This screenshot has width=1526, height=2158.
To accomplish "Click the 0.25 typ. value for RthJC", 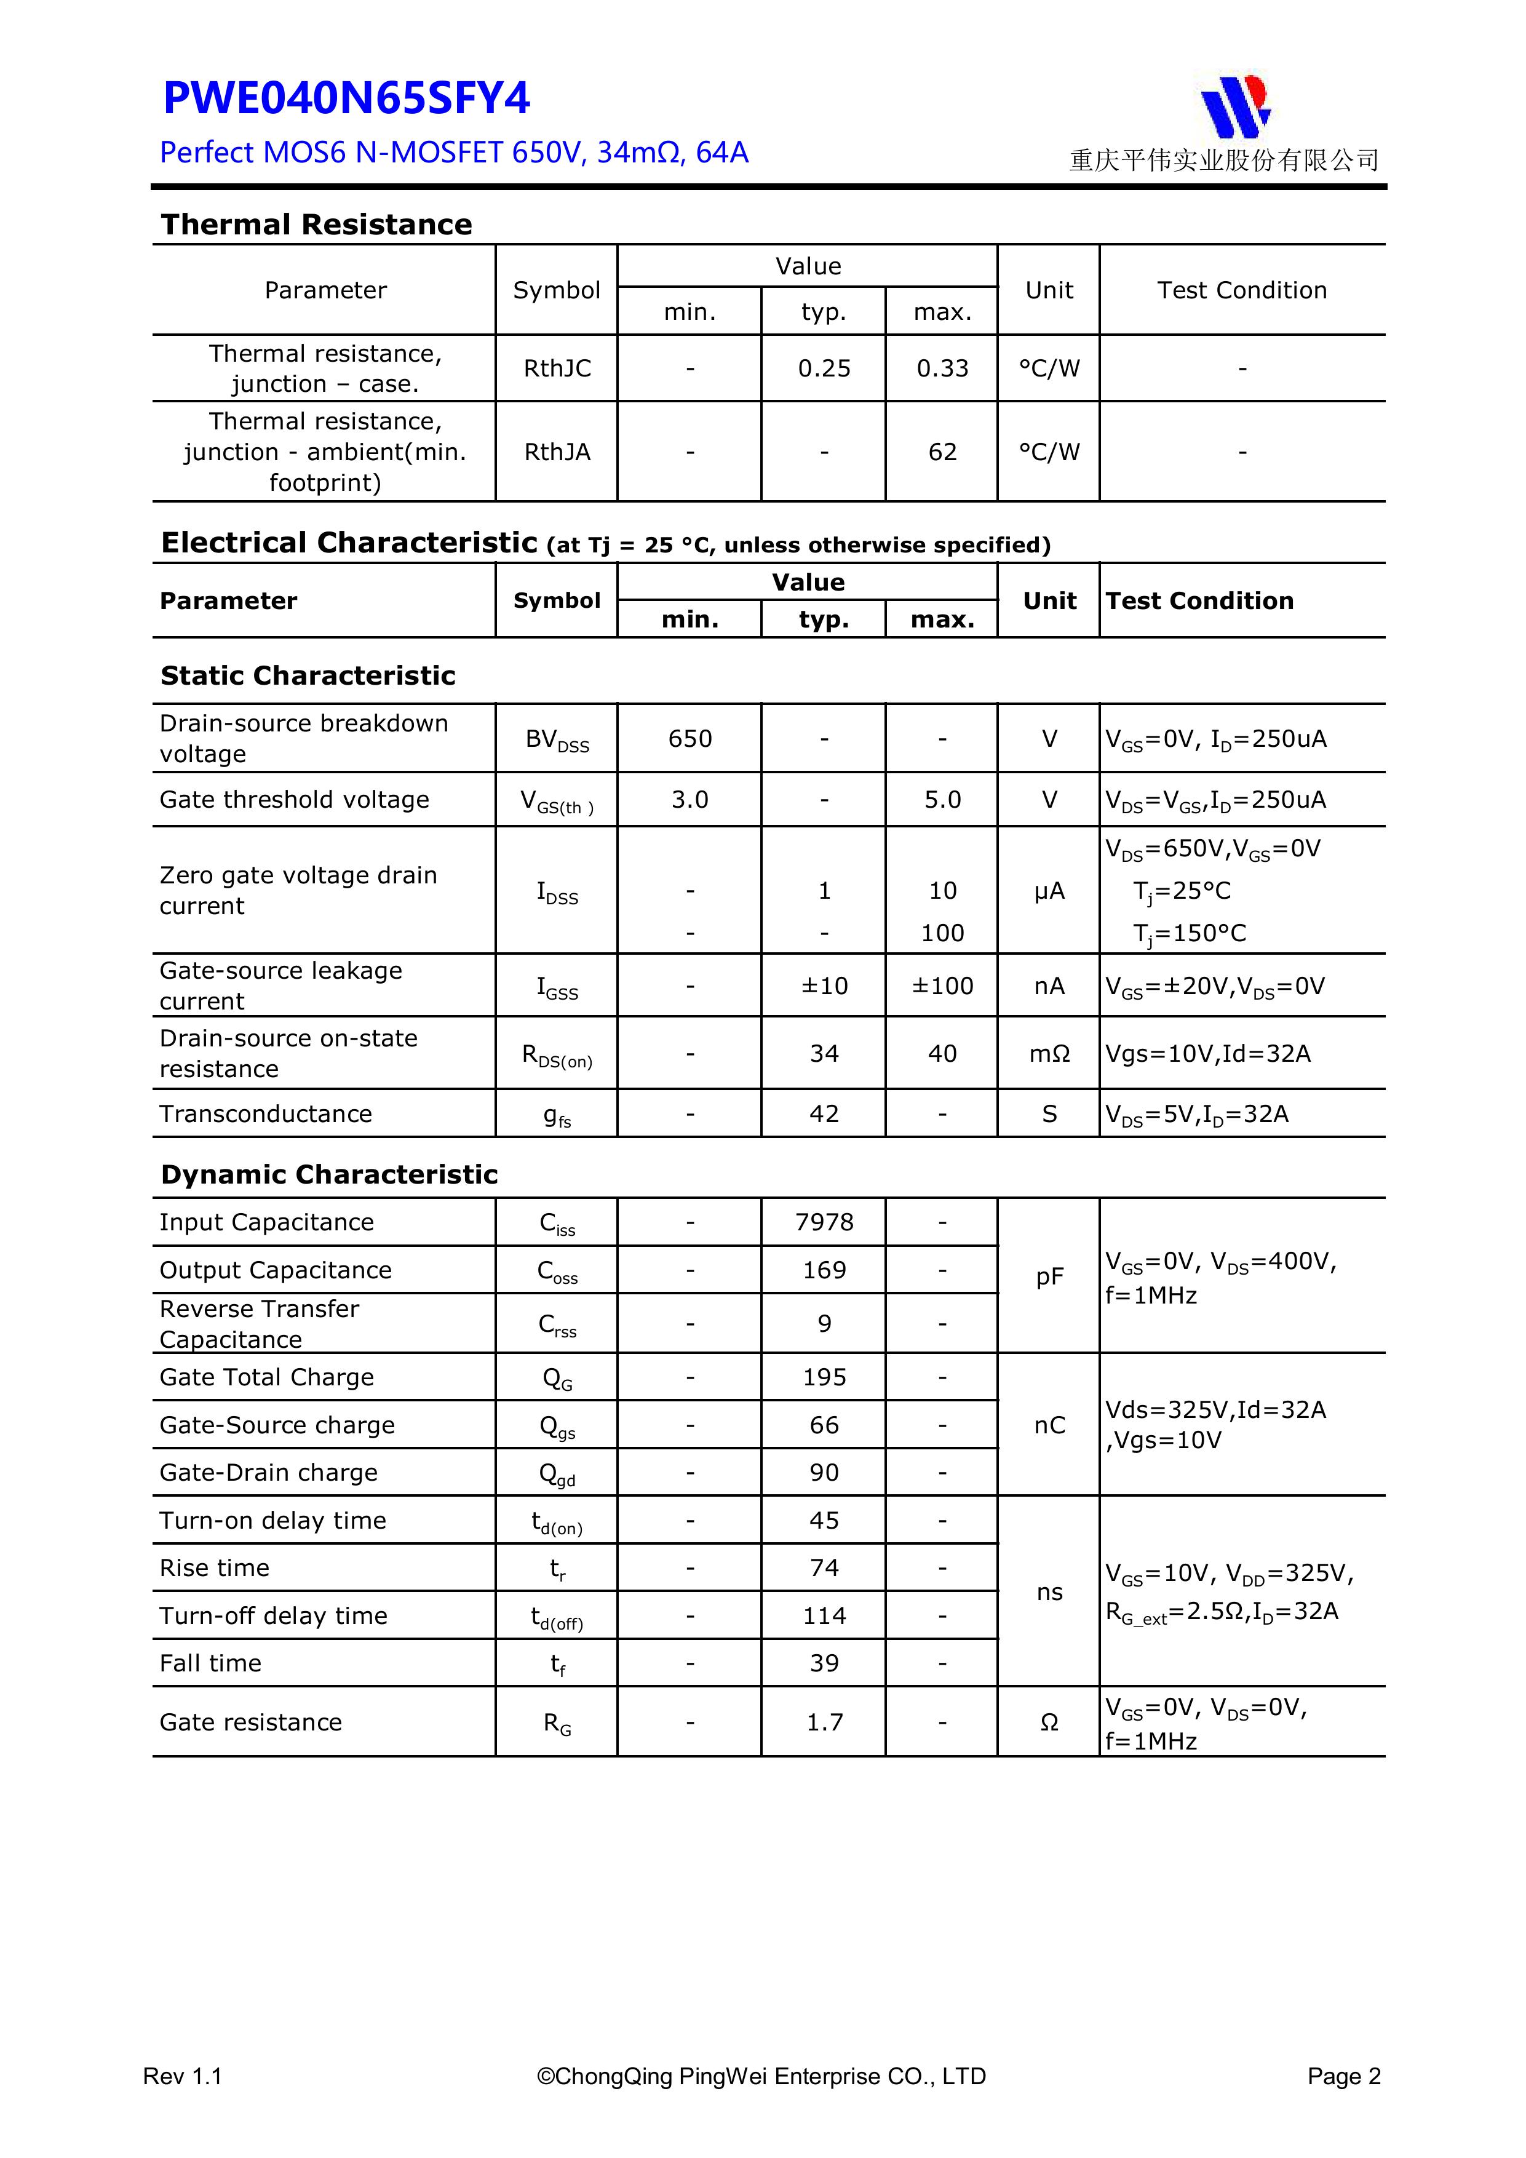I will click(x=824, y=368).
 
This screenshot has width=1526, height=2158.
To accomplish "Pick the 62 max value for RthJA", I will click(x=942, y=452).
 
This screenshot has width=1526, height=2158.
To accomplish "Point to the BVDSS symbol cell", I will click(x=557, y=739).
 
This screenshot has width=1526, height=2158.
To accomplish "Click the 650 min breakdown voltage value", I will click(x=689, y=739).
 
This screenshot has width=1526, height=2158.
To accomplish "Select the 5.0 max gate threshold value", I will click(x=942, y=800).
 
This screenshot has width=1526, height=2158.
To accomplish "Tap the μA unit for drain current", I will click(x=1049, y=891).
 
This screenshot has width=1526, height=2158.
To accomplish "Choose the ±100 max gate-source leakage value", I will click(x=942, y=986).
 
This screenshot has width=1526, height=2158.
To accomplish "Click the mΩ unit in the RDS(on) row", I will click(x=1049, y=1054).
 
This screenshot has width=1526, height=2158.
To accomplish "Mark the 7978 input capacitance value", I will click(x=824, y=1222).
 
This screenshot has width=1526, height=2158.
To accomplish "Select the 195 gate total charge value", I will click(x=824, y=1377).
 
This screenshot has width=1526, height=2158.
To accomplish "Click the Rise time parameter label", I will click(x=214, y=1567).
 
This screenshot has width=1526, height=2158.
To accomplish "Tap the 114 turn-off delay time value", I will click(x=824, y=1615).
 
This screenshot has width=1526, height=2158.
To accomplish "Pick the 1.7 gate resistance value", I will click(x=824, y=1722).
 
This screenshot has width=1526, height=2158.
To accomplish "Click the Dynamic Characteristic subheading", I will click(x=329, y=1175).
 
